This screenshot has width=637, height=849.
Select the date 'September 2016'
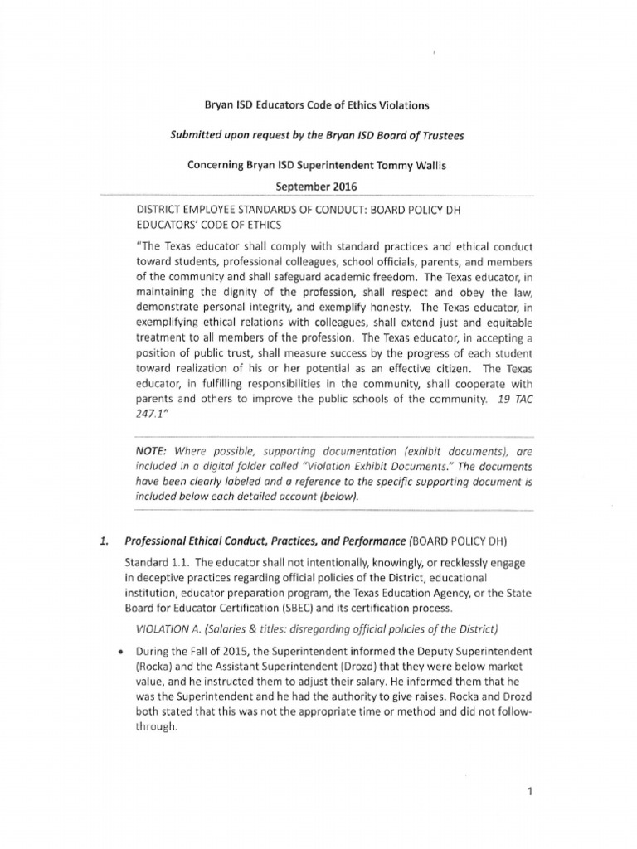click(318, 187)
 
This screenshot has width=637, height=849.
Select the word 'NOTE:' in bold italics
click(153, 453)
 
